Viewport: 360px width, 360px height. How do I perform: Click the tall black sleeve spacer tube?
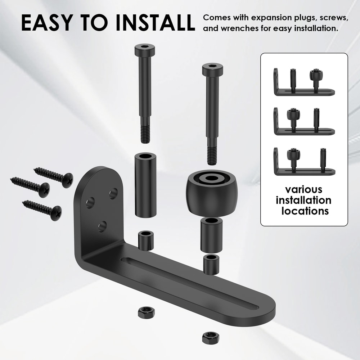pos(145,185)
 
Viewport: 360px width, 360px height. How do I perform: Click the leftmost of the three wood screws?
pos(30,184)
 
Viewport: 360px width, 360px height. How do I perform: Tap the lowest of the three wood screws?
pos(42,208)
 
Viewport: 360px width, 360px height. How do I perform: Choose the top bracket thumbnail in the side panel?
pos(304,82)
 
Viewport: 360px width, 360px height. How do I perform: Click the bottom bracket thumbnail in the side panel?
pos(304,162)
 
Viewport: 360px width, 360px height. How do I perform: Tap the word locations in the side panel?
pos(305,211)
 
